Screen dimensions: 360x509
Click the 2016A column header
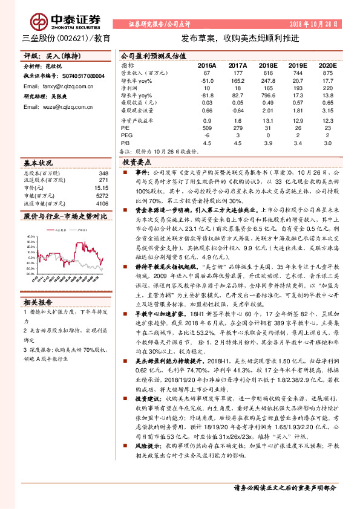click(x=207, y=64)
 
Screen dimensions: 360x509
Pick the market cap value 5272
click(x=101, y=195)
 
